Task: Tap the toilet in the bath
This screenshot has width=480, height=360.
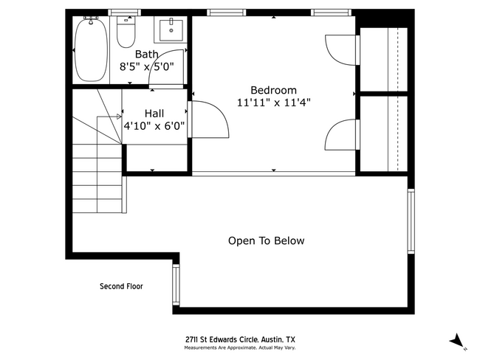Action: point(126,33)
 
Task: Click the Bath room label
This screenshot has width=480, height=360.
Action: point(146,54)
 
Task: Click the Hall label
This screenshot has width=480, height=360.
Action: point(154,113)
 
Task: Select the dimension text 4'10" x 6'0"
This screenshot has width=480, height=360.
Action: point(154,125)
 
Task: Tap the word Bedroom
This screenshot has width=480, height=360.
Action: point(273,90)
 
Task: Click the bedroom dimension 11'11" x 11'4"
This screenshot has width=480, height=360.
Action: point(273,103)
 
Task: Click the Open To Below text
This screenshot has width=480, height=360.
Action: point(266,240)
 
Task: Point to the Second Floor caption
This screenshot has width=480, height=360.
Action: point(121,286)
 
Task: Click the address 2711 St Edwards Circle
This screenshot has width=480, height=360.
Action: point(240,339)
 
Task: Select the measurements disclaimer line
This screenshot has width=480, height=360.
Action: point(240,347)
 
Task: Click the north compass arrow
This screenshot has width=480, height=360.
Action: point(458,340)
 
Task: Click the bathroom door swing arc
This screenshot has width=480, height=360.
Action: point(166,66)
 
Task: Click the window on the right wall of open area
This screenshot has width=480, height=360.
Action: point(411,221)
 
